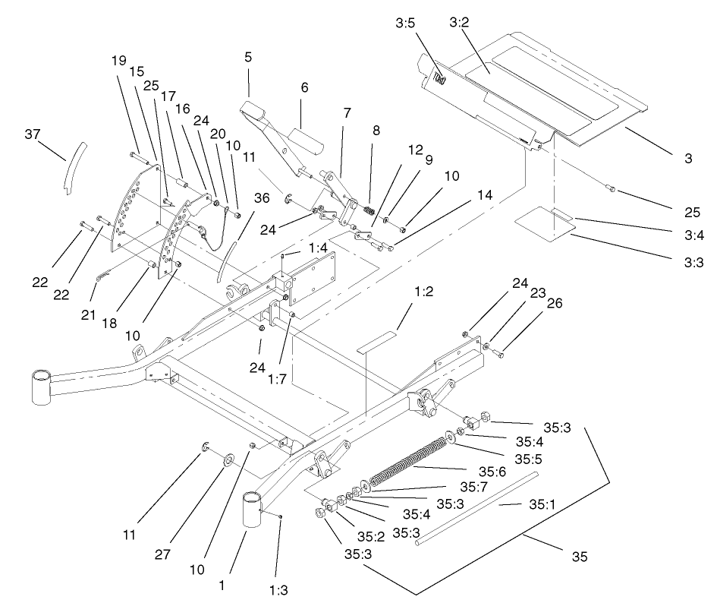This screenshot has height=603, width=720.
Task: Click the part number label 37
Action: coord(31,134)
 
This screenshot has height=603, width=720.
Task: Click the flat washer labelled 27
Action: coord(228,461)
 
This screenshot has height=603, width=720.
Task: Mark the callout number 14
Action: coord(485,195)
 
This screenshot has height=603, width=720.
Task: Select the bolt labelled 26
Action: coord(501,352)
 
